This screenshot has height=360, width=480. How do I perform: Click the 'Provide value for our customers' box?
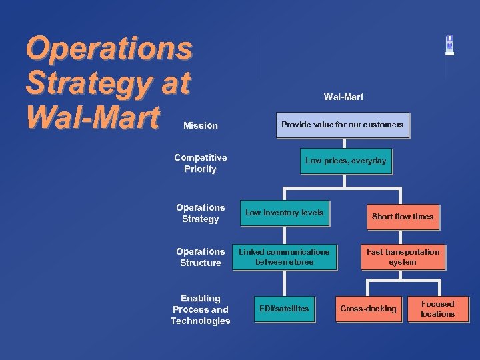pyautogui.click(x=342, y=125)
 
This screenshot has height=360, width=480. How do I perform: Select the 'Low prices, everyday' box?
pyautogui.click(x=345, y=161)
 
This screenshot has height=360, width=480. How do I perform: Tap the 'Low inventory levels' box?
pyautogui.click(x=285, y=213)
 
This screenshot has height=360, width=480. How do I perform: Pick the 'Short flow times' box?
pyautogui.click(x=402, y=217)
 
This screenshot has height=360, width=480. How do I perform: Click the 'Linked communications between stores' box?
pyautogui.click(x=284, y=257)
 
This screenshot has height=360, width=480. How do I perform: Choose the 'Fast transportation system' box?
pyautogui.click(x=403, y=257)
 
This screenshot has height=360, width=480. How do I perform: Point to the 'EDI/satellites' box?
pyautogui.click(x=284, y=309)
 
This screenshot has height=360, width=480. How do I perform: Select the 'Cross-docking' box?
pyautogui.click(x=368, y=309)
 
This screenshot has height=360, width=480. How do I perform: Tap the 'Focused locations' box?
pyautogui.click(x=437, y=309)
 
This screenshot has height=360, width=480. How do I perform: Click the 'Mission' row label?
pyautogui.click(x=200, y=125)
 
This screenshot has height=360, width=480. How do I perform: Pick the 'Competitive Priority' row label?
pyautogui.click(x=200, y=163)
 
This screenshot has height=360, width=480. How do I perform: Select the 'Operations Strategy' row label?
pyautogui.click(x=200, y=213)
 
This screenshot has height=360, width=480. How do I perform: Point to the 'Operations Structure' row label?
pyautogui.click(x=200, y=257)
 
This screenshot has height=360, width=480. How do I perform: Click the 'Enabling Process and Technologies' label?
pyautogui.click(x=200, y=310)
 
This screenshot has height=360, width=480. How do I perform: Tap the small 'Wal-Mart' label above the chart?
pyautogui.click(x=343, y=97)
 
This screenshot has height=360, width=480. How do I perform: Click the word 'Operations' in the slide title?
pyautogui.click(x=109, y=48)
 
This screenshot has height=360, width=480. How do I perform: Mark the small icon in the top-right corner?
pyautogui.click(x=450, y=45)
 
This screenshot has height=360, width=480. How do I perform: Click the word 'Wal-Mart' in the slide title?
pyautogui.click(x=93, y=117)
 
